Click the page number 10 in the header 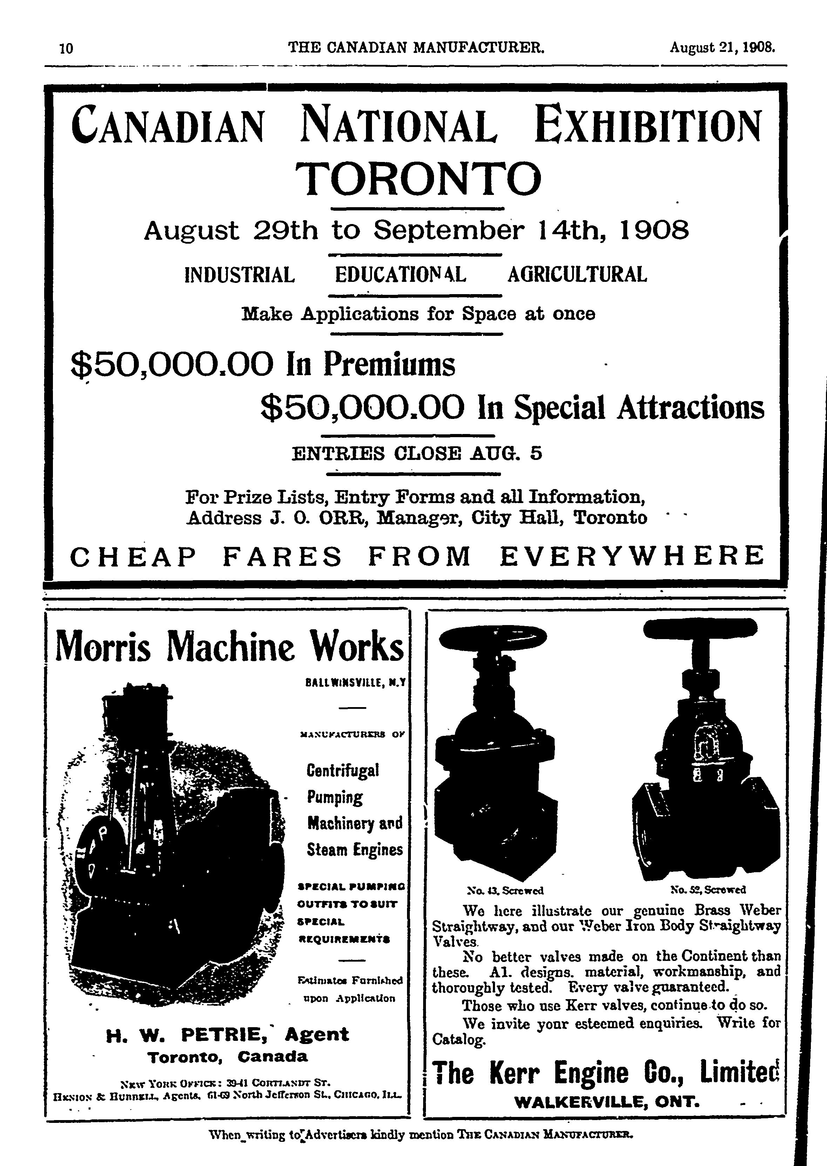pyautogui.click(x=67, y=48)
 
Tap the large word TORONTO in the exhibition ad pyautogui.click(x=419, y=179)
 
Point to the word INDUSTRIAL pyautogui.click(x=239, y=275)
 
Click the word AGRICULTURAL pyautogui.click(x=577, y=275)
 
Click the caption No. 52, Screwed pyautogui.click(x=708, y=890)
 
